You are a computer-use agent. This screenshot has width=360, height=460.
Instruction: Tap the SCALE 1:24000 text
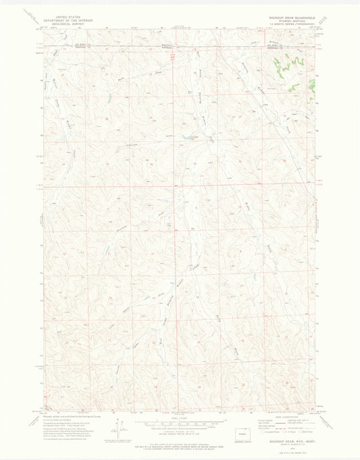(179, 417)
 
